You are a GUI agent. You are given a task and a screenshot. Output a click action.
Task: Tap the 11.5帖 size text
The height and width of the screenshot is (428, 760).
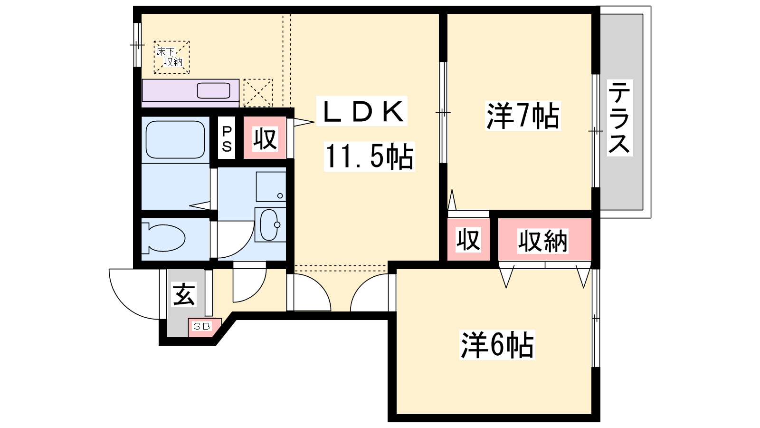pyautogui.click(x=369, y=156)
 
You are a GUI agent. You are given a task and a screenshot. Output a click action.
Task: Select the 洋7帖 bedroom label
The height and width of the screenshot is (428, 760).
pyautogui.click(x=522, y=116)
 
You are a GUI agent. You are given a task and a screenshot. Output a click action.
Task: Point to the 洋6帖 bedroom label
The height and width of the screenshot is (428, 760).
pyautogui.click(x=497, y=345)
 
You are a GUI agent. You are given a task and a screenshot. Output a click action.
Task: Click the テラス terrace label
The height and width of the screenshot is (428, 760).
pyautogui.click(x=619, y=118)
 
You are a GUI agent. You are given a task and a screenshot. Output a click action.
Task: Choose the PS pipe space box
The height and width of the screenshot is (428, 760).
pyautogui.click(x=226, y=137)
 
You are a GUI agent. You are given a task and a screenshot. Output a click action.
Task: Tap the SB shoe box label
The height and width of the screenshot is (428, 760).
pyautogui.click(x=201, y=326)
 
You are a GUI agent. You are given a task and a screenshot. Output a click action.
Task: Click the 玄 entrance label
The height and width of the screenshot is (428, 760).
pyautogui.click(x=183, y=294)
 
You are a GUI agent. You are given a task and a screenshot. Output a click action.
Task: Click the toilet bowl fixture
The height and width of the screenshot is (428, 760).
pyautogui.click(x=163, y=238)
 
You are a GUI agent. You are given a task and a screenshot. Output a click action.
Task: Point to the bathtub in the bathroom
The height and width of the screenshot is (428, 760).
pyautogui.click(x=175, y=140)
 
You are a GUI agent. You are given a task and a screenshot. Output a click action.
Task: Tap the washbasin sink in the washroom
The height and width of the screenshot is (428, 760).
pyautogui.click(x=270, y=224)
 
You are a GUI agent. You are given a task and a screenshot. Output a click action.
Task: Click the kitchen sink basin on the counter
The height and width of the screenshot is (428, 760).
pyautogui.click(x=213, y=91)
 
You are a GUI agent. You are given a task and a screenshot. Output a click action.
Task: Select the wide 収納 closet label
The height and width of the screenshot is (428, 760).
pyautogui.click(x=542, y=241)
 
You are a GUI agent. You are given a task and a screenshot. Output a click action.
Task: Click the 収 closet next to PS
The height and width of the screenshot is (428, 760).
pyautogui.click(x=265, y=138)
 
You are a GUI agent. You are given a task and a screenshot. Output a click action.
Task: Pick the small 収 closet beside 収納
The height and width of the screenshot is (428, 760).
pyautogui.click(x=468, y=239)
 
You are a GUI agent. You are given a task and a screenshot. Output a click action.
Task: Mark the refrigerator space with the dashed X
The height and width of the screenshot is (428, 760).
pyautogui.click(x=258, y=93)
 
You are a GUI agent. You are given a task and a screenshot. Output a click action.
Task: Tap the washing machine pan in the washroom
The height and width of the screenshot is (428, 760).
pyautogui.click(x=271, y=186)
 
